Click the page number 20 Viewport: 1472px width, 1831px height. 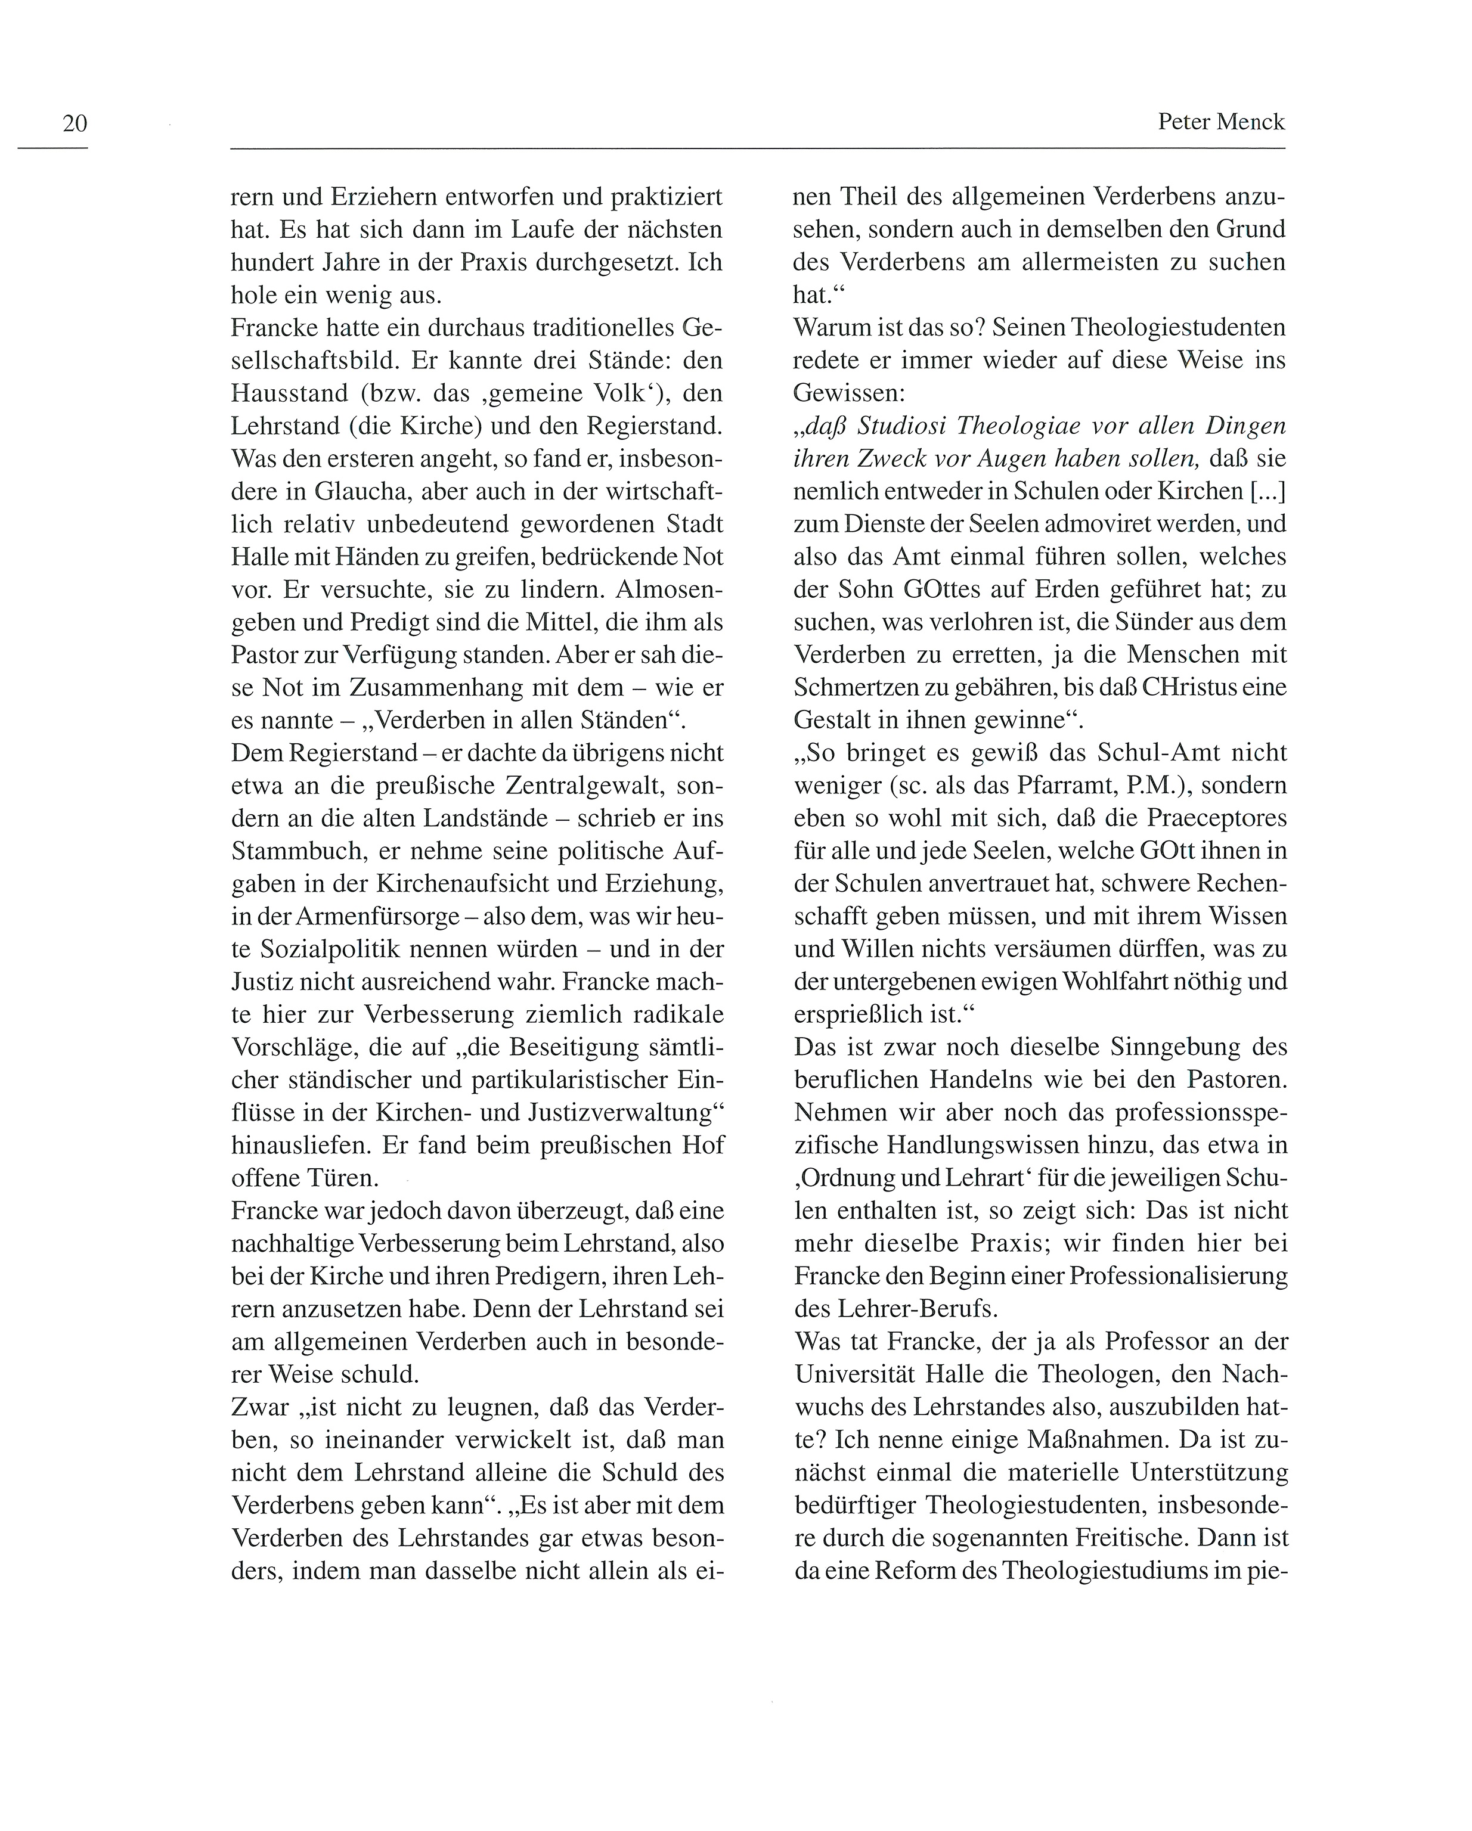[x=75, y=124]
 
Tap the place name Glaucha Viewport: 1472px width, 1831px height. [x=365, y=492]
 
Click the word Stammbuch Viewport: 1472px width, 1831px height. [x=292, y=851]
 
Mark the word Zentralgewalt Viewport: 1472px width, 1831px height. [x=588, y=786]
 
